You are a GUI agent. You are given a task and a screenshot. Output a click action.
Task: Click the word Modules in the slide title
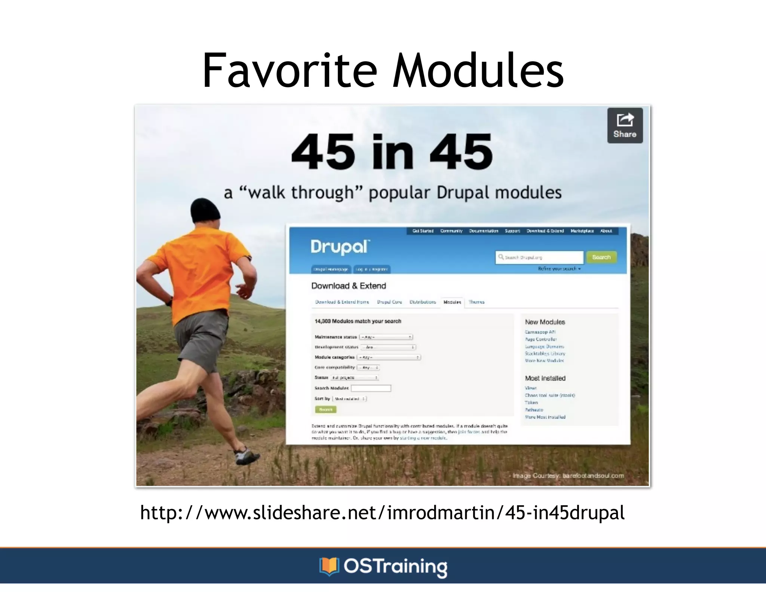478,70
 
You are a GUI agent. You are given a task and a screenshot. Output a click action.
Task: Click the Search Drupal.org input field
539,257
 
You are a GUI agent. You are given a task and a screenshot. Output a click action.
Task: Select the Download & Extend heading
348,286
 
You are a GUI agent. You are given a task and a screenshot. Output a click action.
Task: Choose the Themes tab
477,302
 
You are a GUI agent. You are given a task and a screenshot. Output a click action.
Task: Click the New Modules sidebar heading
545,322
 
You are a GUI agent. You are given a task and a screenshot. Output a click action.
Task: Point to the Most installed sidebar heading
545,378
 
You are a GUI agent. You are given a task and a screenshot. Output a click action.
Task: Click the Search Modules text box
371,388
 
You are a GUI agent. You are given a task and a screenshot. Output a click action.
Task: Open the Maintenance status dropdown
386,337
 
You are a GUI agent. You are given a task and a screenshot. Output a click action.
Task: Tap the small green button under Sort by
326,409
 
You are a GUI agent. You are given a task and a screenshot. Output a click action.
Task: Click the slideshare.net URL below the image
382,513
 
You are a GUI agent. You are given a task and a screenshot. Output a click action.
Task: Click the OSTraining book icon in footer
329,566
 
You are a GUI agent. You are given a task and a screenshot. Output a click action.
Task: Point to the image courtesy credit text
568,476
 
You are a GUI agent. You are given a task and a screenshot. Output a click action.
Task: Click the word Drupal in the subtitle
463,193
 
